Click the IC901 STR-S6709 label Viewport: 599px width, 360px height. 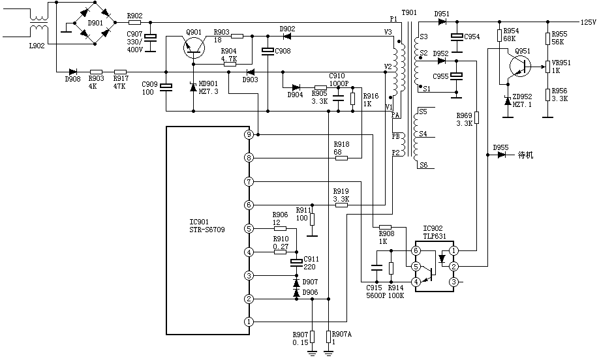[x=207, y=226]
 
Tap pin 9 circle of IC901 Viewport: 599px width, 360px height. [x=249, y=134]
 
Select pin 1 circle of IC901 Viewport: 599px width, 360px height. [x=249, y=322]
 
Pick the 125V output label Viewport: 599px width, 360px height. [x=588, y=22]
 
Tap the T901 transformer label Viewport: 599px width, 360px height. [x=409, y=13]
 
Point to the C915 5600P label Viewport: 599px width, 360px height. [x=374, y=291]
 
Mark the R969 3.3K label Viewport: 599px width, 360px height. [x=464, y=119]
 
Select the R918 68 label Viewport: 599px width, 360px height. [x=341, y=147]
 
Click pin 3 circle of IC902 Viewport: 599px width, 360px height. [x=453, y=282]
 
